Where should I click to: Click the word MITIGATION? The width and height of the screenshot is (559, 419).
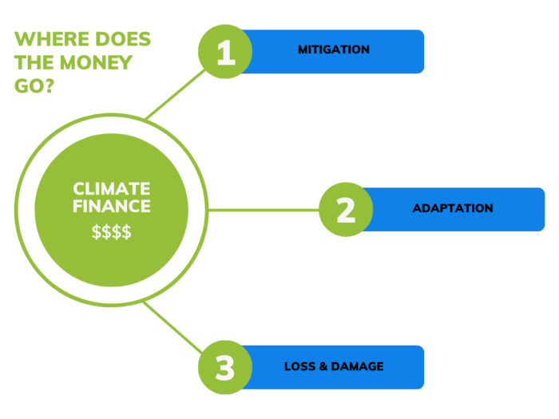coord(334,49)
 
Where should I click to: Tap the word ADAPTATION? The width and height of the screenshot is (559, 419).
coord(453,208)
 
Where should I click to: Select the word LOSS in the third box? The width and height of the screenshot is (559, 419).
coord(299,366)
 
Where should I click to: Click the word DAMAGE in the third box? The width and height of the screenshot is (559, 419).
coord(357,366)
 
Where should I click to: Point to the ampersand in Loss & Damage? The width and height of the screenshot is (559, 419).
coord(323,366)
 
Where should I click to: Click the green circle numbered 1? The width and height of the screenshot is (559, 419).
coord(225,52)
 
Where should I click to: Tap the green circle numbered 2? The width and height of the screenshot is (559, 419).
coord(346,209)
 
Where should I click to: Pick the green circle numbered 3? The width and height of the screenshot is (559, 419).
coord(225,367)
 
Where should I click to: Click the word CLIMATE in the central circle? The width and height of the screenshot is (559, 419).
coord(112,189)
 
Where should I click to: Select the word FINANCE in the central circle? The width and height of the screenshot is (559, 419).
coord(112,206)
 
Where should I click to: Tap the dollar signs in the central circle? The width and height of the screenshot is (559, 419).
coord(112,231)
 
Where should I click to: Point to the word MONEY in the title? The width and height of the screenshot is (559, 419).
coord(96,63)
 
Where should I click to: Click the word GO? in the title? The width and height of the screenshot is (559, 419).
coord(34,86)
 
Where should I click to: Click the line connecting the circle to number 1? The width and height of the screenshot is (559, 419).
coord(176,94)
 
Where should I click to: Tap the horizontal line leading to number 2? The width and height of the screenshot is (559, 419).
coord(263,210)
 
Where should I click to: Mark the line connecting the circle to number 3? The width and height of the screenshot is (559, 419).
coord(173,327)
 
